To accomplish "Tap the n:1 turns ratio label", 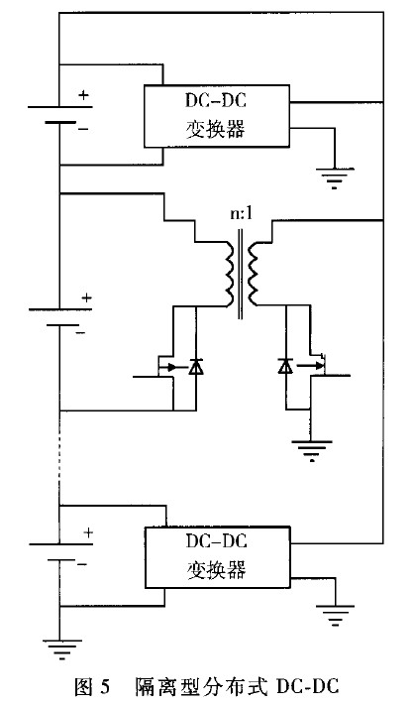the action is (x=241, y=213).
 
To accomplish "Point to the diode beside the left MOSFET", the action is (x=196, y=367).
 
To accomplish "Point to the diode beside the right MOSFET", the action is (x=285, y=367).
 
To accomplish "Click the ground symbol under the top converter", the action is (x=335, y=177).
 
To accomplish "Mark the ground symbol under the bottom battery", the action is (x=62, y=649).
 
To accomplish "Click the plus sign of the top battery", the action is (x=84, y=95).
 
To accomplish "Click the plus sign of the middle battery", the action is (x=86, y=297).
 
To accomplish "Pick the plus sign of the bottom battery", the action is (x=88, y=532).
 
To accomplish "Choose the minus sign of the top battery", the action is (x=83, y=129).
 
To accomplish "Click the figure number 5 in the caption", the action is (x=105, y=687).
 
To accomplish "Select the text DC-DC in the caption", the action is (x=308, y=687).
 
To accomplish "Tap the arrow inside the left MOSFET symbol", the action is (x=167, y=367).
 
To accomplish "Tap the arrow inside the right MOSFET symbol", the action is (x=307, y=366).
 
